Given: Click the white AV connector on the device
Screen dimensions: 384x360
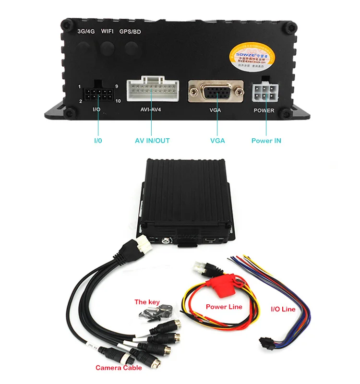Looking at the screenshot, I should click(151, 90).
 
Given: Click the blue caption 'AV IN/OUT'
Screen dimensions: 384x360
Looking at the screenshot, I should click(152, 141).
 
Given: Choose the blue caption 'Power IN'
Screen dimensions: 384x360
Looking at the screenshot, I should click(266, 141).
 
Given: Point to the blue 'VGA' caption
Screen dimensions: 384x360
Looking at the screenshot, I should click(217, 141).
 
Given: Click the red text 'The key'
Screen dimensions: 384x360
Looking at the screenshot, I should click(147, 302).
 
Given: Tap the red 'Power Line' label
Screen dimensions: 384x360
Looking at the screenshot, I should click(224, 307).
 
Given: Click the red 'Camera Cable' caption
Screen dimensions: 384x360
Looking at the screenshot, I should click(119, 368).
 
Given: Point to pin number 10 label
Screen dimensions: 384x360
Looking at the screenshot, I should click(118, 101).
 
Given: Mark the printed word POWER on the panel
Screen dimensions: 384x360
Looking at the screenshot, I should click(264, 110).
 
